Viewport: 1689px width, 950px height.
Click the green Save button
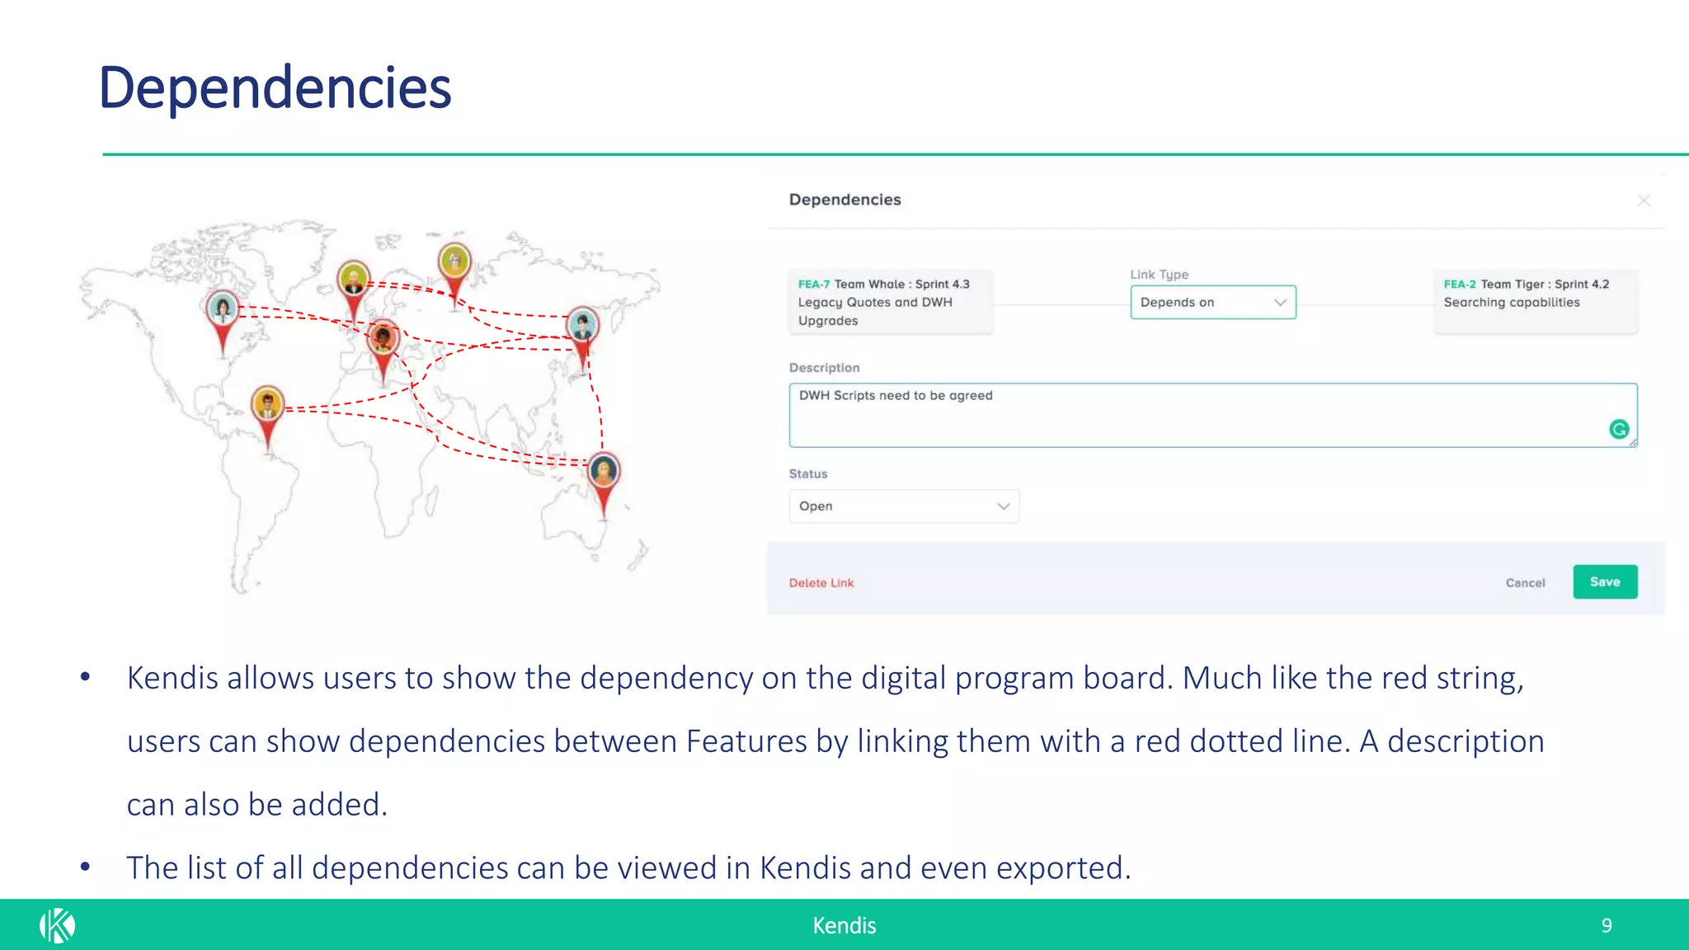click(x=1604, y=582)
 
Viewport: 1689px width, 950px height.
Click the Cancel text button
click(x=1525, y=583)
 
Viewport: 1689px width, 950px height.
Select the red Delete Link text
click(x=821, y=583)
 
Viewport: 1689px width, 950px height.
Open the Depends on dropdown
click(x=1212, y=303)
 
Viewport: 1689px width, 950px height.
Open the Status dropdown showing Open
click(x=903, y=506)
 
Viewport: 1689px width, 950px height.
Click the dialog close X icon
click(x=1643, y=200)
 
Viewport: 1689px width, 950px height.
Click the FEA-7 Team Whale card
click(x=890, y=303)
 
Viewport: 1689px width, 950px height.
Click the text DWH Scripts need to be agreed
click(x=896, y=396)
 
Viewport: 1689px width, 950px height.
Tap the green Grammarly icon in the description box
click(x=1618, y=429)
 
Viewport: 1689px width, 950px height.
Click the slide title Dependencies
click(x=275, y=88)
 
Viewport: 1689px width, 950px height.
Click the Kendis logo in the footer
click(x=57, y=925)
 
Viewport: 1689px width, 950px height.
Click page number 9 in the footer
click(x=1606, y=925)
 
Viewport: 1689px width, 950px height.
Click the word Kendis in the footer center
click(x=844, y=925)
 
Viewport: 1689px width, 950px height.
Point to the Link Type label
click(x=1159, y=275)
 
